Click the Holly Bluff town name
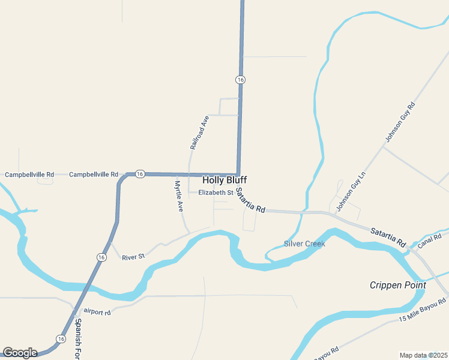point(224,180)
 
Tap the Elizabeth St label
point(215,193)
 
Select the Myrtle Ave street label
point(178,197)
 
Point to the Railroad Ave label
point(199,133)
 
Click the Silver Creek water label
point(304,244)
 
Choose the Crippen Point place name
point(397,285)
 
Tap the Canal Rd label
point(429,241)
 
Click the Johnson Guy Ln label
point(351,191)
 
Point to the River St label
point(133,257)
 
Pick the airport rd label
point(98,313)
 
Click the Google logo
point(20,353)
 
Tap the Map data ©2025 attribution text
point(424,355)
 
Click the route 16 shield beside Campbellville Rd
point(140,174)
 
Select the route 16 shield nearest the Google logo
point(61,339)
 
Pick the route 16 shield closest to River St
point(101,256)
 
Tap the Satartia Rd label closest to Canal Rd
point(387,235)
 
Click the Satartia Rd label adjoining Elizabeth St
point(250,201)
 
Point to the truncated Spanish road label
point(79,340)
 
